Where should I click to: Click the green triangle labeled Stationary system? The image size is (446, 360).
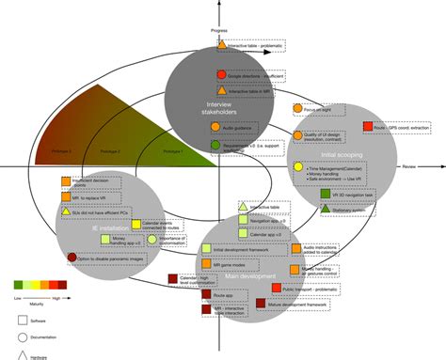tap(325, 208)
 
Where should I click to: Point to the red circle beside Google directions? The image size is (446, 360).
tap(220, 74)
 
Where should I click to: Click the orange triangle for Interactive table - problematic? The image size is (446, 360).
tap(222, 44)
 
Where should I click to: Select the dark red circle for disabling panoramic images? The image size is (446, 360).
tap(73, 256)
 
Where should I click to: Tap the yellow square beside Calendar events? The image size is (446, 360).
tap(135, 225)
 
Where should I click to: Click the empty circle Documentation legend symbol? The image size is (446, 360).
tap(21, 337)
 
